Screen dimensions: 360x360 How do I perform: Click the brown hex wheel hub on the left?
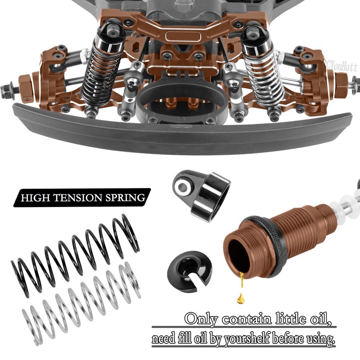tap(25, 84)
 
